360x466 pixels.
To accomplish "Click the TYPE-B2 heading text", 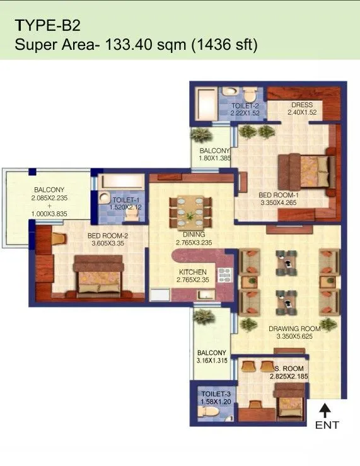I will coord(48,26).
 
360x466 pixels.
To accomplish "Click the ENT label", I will coord(327,425).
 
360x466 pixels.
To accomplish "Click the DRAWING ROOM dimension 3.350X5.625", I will coord(294,337).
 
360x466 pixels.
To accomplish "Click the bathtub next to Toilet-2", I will coord(205,103).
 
